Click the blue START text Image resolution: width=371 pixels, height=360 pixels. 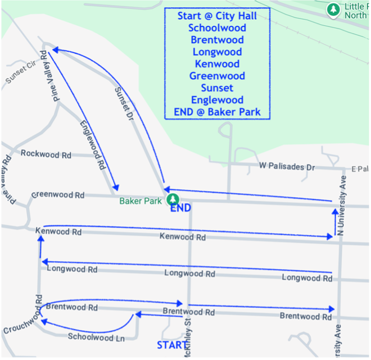pyautogui.click(x=171, y=344)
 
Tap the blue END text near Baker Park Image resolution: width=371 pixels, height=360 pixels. pyautogui.click(x=180, y=208)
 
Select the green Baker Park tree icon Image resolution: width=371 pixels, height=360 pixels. pyautogui.click(x=174, y=199)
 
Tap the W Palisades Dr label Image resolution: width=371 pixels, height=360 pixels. pyautogui.click(x=287, y=167)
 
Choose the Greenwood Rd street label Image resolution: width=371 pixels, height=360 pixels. pyautogui.click(x=58, y=195)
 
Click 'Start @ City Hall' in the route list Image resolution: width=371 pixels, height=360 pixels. pyautogui.click(x=217, y=16)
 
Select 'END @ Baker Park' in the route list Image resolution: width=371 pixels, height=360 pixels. pyautogui.click(x=217, y=112)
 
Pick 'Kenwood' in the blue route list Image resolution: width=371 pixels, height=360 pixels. pyautogui.click(x=217, y=64)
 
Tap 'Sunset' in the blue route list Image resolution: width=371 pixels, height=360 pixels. pyautogui.click(x=217, y=88)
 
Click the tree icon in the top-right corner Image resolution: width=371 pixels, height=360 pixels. pyautogui.click(x=334, y=10)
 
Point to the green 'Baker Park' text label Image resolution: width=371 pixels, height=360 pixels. pyautogui.click(x=141, y=200)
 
